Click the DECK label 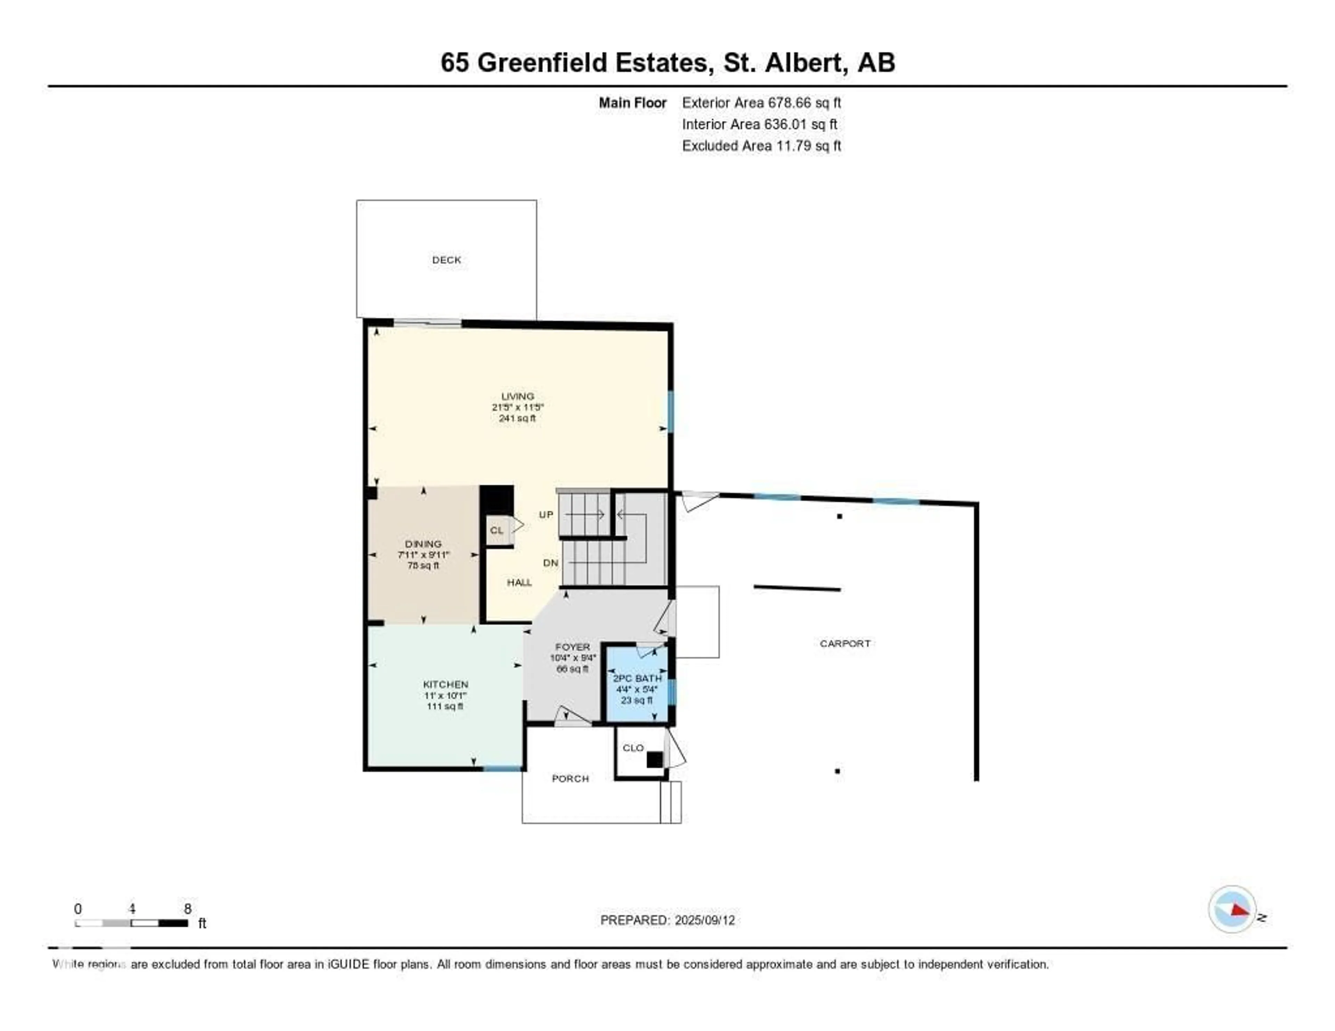[446, 260]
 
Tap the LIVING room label [517, 396]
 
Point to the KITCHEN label [446, 684]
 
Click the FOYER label [572, 647]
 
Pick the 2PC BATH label [637, 679]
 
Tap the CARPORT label [845, 643]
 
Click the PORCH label [570, 779]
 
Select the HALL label [519, 583]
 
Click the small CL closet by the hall [497, 530]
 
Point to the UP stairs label [546, 514]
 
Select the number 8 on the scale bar [188, 909]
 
